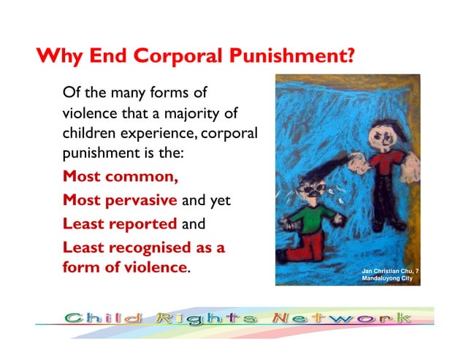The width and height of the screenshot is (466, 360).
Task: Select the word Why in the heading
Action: pyautogui.click(x=61, y=55)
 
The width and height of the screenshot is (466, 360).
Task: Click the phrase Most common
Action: pyautogui.click(x=121, y=176)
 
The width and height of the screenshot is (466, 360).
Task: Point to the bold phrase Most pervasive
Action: pyautogui.click(x=120, y=200)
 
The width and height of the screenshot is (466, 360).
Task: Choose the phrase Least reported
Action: pyautogui.click(x=120, y=223)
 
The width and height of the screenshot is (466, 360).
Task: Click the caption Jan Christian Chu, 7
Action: pyautogui.click(x=391, y=270)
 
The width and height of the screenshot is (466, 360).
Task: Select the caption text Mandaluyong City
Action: pyautogui.click(x=388, y=278)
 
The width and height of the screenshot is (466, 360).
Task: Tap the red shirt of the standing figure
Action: pyautogui.click(x=383, y=164)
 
